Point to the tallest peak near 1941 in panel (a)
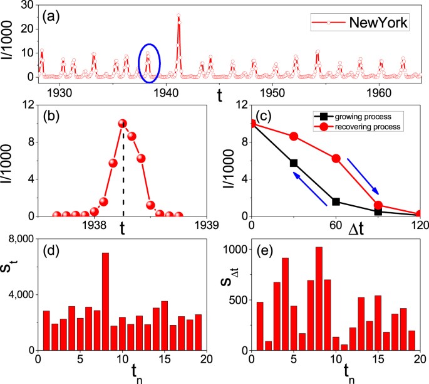pos(178,16)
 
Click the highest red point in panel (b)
pos(122,124)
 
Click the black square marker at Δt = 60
pos(336,201)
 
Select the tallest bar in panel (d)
pos(105,301)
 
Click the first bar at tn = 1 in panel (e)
pos(260,326)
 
